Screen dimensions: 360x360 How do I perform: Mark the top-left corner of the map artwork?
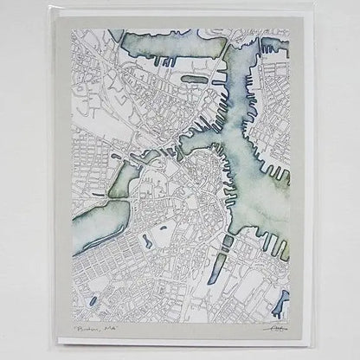(74, 31)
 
